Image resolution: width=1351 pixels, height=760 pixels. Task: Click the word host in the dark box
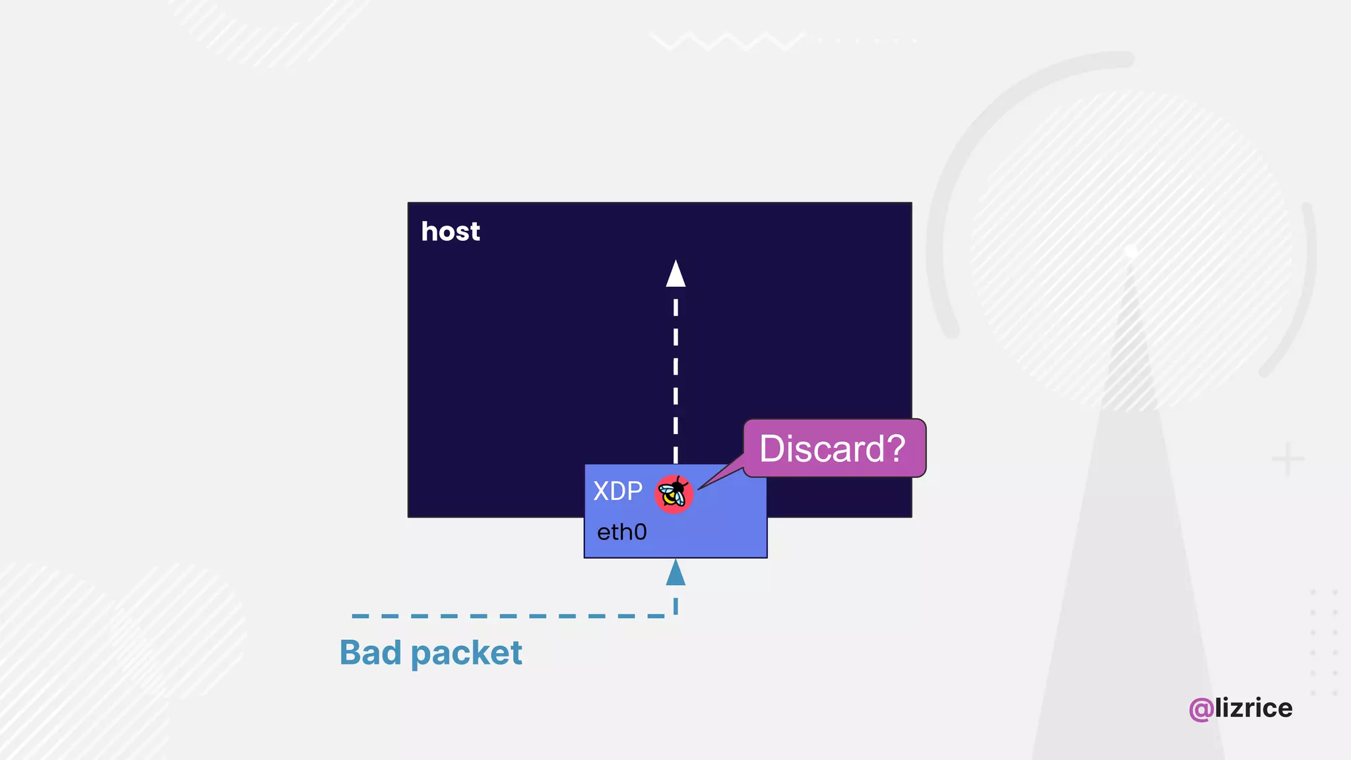[x=451, y=232]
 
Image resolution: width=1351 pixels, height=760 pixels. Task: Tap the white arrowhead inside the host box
[x=675, y=274]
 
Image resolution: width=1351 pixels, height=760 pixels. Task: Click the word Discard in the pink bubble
[x=821, y=449]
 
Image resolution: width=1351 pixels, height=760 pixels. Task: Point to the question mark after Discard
[x=895, y=449]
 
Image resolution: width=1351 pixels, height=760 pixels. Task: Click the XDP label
[x=617, y=491]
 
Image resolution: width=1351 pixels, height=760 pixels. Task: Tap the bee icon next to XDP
[x=674, y=493]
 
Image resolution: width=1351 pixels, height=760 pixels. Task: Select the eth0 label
[x=621, y=532]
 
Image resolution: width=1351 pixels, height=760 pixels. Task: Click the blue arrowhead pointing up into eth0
[x=675, y=573]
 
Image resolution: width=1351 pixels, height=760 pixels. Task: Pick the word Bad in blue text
[x=370, y=652]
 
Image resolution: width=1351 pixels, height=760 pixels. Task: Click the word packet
[x=466, y=654]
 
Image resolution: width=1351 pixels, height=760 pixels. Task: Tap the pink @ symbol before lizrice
[x=1201, y=709]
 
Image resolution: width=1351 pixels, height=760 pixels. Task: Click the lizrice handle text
[x=1253, y=708]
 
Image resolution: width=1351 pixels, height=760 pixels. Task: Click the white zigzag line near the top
[x=726, y=41]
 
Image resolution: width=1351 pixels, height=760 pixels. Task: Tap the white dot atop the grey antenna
[x=1131, y=251]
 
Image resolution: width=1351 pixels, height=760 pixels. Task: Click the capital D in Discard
[x=772, y=449]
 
